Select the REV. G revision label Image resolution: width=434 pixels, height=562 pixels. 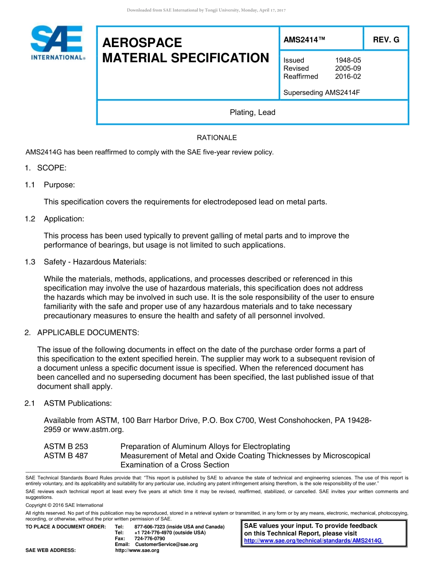386,40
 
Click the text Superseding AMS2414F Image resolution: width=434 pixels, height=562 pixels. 322,93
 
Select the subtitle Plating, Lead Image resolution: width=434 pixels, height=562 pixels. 252,112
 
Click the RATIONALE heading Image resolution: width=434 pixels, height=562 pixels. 217,138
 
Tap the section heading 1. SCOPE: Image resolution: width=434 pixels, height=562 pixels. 46,168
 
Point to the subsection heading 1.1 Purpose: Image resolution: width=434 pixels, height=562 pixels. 50,185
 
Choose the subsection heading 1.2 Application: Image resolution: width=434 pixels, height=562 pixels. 54,219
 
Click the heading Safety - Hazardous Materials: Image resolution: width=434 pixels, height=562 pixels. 95,262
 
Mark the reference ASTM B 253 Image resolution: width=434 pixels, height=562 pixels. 66,446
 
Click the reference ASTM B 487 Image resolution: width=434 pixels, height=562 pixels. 66,456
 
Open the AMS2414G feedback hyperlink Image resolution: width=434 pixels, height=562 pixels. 313,541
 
